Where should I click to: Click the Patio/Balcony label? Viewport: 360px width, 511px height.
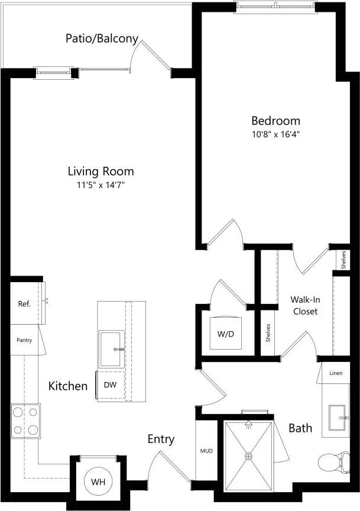coord(102,39)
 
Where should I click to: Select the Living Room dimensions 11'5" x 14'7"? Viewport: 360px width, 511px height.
coord(100,186)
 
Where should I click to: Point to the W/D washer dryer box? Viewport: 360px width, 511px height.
coord(225,334)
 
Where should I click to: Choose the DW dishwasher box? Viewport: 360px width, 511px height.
coord(110,384)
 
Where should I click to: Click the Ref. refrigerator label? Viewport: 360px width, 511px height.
coord(24,304)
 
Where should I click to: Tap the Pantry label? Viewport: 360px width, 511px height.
coord(24,341)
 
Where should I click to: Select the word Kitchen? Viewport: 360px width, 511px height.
coord(68,386)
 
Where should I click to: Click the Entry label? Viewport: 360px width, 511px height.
coord(161,439)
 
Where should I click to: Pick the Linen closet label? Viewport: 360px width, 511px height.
coord(336,373)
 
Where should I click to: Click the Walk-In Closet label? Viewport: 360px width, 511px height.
coord(305,305)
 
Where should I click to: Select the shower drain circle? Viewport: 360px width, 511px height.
coord(249,456)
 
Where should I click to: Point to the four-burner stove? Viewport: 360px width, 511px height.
coord(25,420)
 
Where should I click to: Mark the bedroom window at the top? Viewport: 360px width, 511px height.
coord(275,7)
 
